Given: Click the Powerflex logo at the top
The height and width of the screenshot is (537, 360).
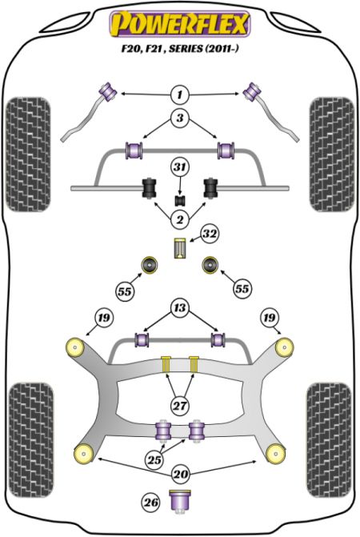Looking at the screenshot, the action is [x=180, y=24].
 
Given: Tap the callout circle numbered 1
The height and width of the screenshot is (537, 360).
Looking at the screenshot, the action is [x=180, y=94].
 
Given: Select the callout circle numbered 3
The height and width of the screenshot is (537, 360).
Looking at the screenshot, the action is [x=180, y=118].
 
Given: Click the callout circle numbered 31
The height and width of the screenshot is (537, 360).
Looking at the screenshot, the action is [x=180, y=167].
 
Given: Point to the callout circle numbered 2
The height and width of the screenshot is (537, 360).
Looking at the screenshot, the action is [x=180, y=219].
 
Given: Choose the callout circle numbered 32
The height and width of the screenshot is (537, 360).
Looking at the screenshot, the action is [x=210, y=234].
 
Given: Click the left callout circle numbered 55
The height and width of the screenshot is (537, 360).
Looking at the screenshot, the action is [x=125, y=291].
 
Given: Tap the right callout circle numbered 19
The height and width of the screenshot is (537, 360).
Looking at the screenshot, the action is [x=270, y=318].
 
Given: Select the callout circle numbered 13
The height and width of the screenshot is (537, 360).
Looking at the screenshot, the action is [x=180, y=308].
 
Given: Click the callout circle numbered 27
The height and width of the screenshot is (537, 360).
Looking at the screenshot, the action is [x=180, y=406].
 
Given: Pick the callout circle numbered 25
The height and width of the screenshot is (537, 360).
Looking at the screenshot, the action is [x=154, y=459].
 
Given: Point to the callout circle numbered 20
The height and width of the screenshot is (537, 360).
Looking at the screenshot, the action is [x=180, y=474].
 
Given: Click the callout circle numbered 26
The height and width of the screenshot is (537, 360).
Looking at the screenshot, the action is [x=151, y=503].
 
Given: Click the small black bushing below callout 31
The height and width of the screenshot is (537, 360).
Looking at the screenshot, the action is [x=180, y=200].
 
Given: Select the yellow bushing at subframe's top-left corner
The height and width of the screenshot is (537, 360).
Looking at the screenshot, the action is [x=75, y=347].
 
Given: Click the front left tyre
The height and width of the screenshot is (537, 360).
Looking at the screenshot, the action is [x=29, y=154].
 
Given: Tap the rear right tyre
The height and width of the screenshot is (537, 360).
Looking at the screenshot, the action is [x=329, y=440].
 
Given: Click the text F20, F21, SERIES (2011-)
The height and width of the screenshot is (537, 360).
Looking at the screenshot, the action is [x=180, y=49].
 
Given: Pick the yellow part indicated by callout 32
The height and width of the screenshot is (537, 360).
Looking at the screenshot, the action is [x=180, y=248].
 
